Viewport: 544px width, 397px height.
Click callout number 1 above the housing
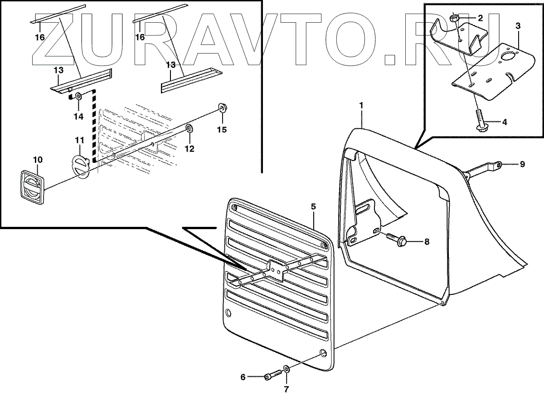361,105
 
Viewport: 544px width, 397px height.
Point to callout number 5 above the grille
313,206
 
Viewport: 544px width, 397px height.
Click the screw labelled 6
271,376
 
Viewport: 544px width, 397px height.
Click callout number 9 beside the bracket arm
522,164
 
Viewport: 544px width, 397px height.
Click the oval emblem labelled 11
81,167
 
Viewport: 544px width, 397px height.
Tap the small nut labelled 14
78,97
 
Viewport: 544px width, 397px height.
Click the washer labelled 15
222,108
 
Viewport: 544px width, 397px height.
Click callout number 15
221,130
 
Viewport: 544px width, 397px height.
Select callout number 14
78,116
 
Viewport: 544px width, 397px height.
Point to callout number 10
38,160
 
